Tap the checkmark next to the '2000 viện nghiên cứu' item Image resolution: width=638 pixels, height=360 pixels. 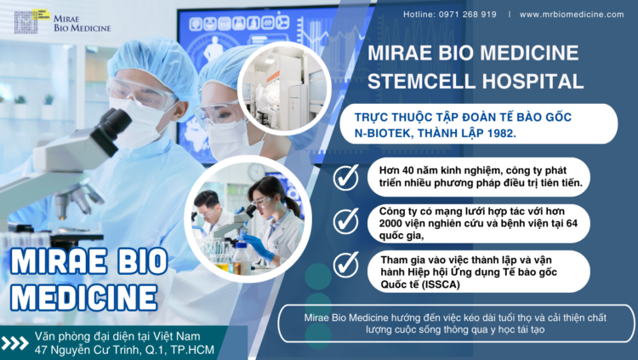[345, 220]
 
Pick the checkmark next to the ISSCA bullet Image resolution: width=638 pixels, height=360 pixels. [345, 265]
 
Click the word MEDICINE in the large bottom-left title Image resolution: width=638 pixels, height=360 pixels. [84, 296]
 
